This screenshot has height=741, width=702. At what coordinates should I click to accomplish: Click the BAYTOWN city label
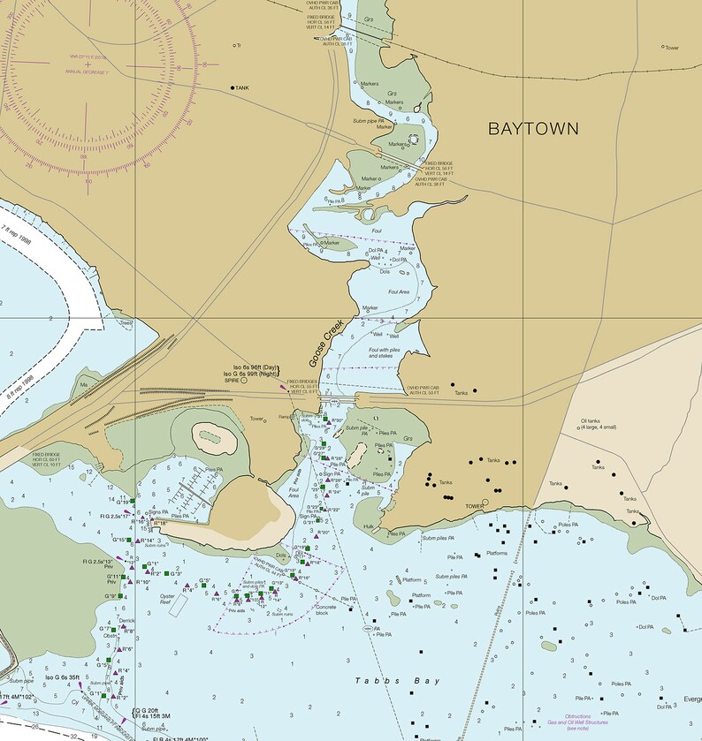coord(533,129)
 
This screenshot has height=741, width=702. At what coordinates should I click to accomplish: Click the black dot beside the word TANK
coord(233,88)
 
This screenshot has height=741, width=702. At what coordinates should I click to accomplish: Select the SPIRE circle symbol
coord(244,381)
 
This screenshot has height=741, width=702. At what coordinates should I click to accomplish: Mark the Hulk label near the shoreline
coord(369,526)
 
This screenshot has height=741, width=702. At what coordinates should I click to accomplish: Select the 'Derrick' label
coord(127,621)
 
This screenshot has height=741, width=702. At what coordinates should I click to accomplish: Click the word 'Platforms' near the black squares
coord(497,554)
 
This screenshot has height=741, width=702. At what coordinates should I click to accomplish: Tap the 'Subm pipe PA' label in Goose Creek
coord(370,120)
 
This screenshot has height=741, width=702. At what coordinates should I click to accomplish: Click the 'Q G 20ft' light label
coord(147,710)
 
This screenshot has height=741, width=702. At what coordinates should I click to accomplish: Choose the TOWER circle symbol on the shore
coord(490,506)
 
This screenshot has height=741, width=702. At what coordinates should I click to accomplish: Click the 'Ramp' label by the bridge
coord(285,416)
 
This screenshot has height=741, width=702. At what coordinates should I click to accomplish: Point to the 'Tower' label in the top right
coord(673,47)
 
